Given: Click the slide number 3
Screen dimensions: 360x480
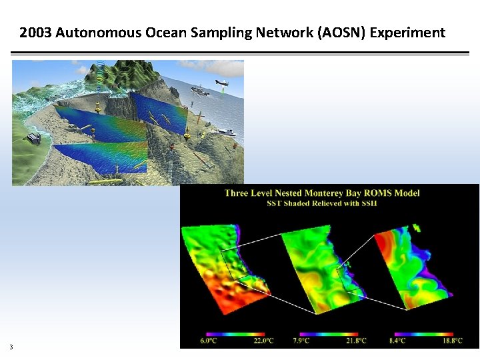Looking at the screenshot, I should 11,346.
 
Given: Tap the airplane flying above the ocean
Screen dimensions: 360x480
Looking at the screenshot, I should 221,83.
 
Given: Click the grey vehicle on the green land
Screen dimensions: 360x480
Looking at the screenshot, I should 34,139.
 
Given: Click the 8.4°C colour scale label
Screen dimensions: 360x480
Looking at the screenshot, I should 398,341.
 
